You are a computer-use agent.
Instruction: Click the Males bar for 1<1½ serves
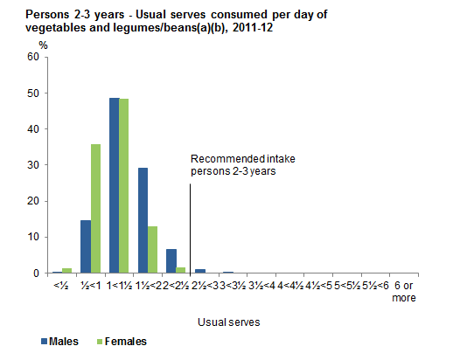coord(115,185)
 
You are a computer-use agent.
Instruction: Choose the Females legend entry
coord(122,341)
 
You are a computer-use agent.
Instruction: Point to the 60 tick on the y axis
coord(34,57)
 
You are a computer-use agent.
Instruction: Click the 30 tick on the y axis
coord(34,165)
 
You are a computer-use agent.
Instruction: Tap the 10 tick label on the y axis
coord(34,237)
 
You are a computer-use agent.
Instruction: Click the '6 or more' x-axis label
coord(404,292)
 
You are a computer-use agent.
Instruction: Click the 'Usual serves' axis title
coord(233,322)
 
